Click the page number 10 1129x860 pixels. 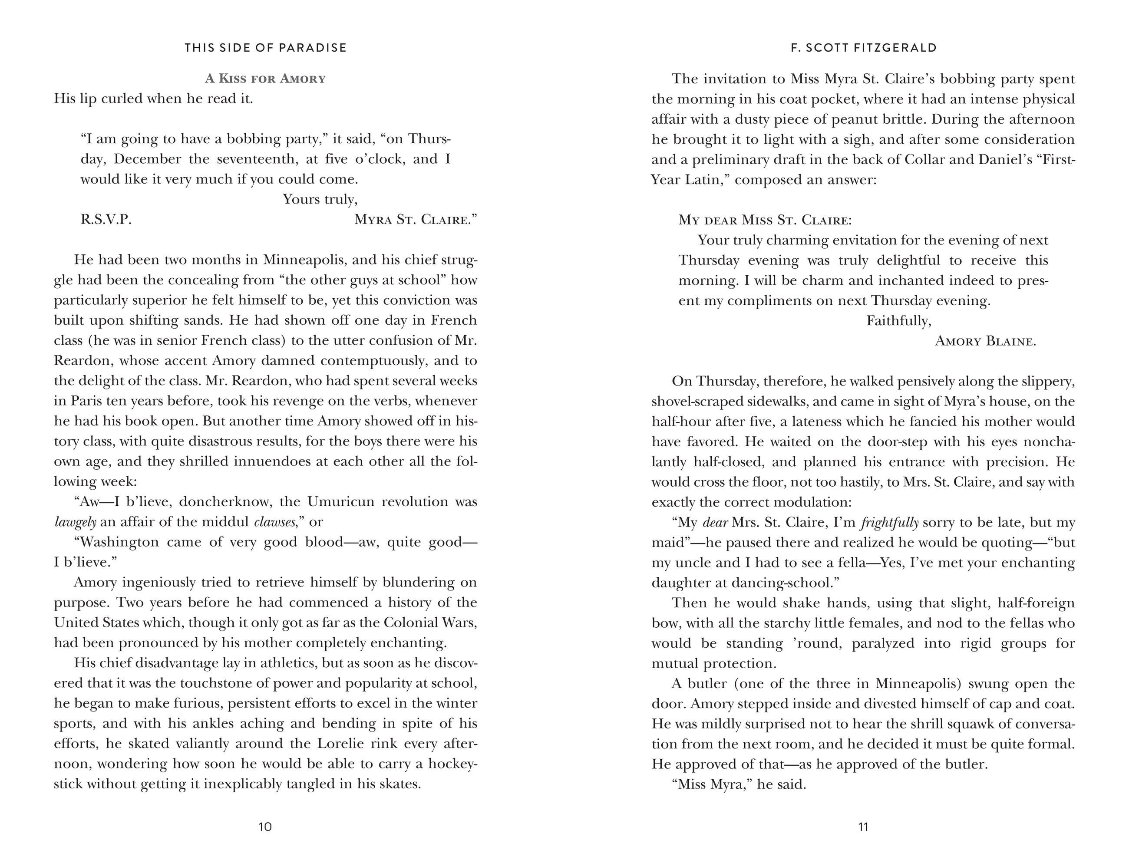point(265,826)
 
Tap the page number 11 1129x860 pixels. point(863,826)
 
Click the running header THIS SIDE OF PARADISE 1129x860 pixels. point(265,48)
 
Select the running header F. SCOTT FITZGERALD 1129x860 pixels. point(864,48)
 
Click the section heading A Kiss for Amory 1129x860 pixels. point(265,78)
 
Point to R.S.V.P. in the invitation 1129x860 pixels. point(106,220)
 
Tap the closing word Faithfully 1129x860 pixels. point(898,321)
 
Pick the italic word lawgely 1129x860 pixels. point(75,522)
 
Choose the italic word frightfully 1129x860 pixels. point(890,523)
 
